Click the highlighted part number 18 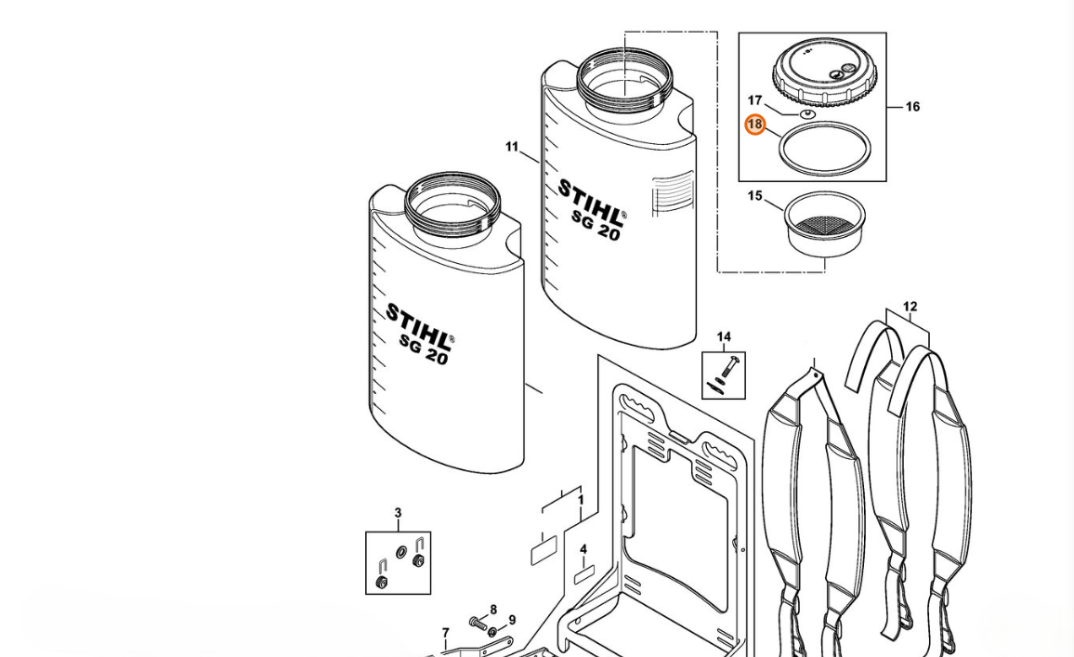[x=754, y=125]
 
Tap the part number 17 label [x=754, y=100]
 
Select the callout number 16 [x=912, y=106]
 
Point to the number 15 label [x=754, y=196]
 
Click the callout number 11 [x=512, y=147]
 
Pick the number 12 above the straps [x=910, y=307]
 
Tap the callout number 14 [x=724, y=336]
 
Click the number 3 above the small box [x=398, y=512]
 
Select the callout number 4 [x=583, y=549]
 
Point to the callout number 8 [x=493, y=610]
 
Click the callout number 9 [x=512, y=621]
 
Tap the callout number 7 [x=445, y=633]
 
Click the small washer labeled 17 [x=806, y=113]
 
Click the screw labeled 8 [x=478, y=623]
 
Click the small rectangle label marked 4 [x=583, y=576]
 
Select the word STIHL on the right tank [x=592, y=202]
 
